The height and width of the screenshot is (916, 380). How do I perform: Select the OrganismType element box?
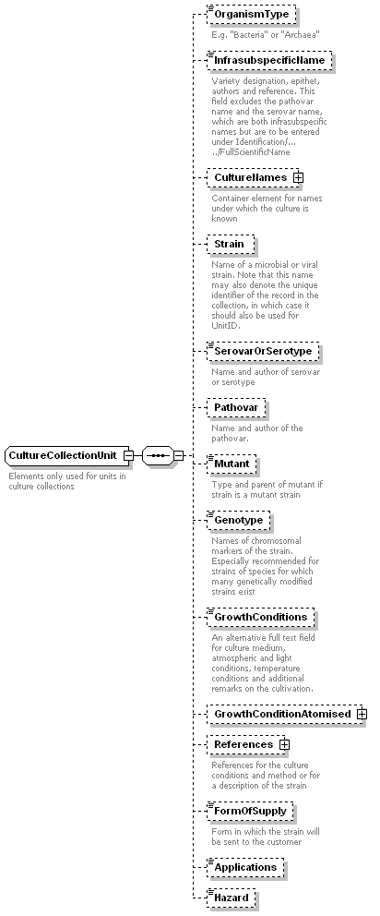(252, 14)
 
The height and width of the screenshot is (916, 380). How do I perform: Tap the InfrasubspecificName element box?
(269, 60)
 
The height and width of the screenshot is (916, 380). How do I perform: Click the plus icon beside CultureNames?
(298, 177)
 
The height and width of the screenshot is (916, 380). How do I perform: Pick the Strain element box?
(231, 244)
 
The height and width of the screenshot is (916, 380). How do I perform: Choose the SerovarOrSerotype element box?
(263, 351)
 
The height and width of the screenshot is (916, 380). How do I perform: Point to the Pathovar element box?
(236, 408)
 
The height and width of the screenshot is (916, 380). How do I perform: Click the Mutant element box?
(232, 464)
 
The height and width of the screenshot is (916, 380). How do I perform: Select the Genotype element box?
(239, 520)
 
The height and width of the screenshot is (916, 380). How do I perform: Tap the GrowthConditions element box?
(260, 617)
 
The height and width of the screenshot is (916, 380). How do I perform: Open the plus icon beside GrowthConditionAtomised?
(362, 714)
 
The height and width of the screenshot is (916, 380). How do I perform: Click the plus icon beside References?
(284, 744)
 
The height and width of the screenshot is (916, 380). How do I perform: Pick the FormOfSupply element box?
(251, 811)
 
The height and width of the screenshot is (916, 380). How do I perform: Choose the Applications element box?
(245, 867)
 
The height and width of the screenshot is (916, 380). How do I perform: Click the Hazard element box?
(232, 898)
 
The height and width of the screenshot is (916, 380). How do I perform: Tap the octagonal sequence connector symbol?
(158, 455)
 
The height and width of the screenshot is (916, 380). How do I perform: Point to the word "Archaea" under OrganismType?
(303, 34)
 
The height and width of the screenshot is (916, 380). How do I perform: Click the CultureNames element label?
(251, 177)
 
